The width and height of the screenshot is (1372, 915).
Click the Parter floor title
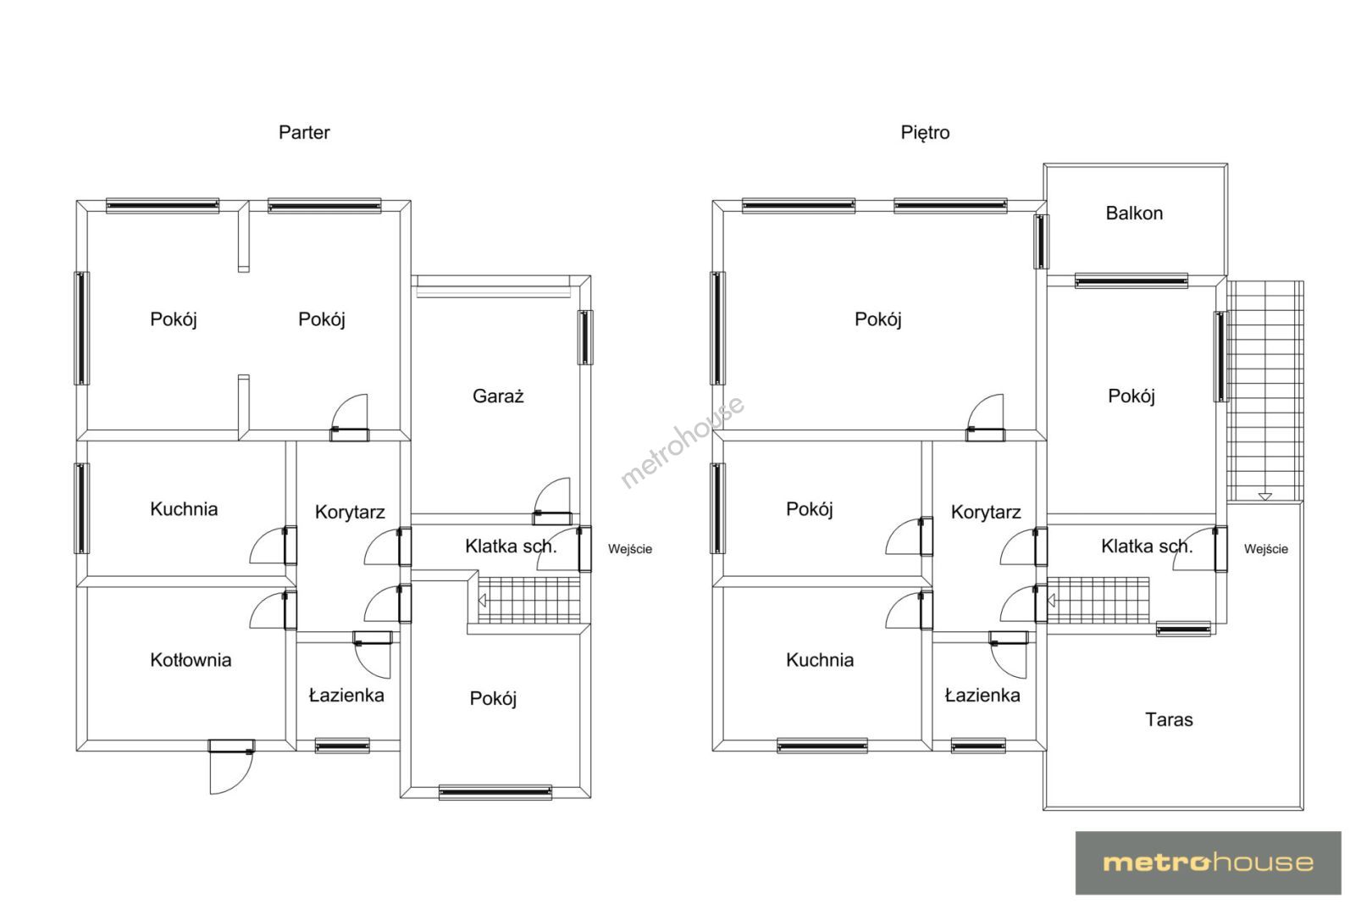click(304, 132)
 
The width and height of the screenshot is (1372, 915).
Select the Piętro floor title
click(925, 133)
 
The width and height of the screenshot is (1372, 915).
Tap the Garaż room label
click(498, 396)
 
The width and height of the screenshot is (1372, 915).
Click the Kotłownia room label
click(191, 660)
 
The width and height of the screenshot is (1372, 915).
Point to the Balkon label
click(1134, 213)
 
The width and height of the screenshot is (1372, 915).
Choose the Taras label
click(1169, 719)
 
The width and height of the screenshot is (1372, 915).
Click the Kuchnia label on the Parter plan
click(184, 508)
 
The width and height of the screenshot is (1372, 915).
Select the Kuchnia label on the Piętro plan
click(820, 660)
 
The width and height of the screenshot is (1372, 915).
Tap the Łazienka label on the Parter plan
click(346, 695)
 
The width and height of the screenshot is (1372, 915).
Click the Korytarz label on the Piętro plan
click(986, 513)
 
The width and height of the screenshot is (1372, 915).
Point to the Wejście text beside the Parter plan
click(629, 549)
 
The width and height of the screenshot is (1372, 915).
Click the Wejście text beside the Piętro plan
click(1265, 549)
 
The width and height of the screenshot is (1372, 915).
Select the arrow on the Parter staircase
click(482, 600)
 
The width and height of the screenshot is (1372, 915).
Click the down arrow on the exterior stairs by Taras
click(1264, 496)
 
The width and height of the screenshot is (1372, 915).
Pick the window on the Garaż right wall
click(585, 338)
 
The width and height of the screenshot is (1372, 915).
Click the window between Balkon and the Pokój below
click(1131, 281)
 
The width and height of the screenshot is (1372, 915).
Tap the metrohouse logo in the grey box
click(1208, 863)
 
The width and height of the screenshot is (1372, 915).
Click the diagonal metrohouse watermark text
click(683, 441)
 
